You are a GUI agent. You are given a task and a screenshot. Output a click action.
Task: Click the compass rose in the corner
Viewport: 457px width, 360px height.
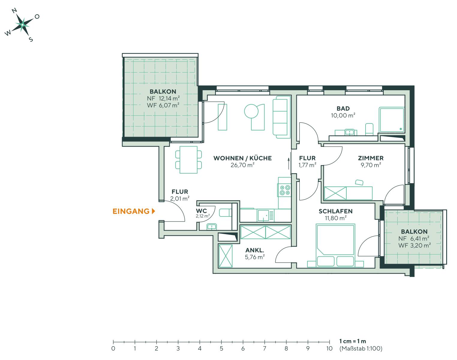pos(22,25)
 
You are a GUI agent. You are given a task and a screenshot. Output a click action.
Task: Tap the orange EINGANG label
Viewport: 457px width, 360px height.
pos(131,211)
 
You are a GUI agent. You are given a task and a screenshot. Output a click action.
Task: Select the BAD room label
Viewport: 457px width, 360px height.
pos(343,109)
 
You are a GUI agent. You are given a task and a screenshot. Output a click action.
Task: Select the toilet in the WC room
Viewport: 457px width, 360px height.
pos(225,213)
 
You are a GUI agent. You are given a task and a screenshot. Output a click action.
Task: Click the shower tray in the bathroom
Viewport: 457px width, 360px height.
pos(392,120)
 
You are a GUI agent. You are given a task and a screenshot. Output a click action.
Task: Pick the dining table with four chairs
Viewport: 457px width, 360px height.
pos(188,160)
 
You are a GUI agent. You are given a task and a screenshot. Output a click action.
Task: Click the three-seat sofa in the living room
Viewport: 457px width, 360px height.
pos(282,117)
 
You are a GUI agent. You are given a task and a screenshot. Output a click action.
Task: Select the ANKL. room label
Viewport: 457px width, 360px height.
pos(255,250)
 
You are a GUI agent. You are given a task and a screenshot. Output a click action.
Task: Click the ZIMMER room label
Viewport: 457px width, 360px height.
pos(371,158)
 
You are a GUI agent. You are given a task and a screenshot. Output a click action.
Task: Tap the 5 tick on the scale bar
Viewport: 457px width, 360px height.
pos(221,348)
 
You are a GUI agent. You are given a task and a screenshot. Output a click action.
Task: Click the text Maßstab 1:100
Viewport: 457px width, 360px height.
pos(361,349)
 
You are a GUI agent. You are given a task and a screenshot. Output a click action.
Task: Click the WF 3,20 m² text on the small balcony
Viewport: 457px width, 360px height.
pos(414,245)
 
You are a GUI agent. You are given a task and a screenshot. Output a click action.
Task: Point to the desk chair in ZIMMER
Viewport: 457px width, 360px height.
pos(359,182)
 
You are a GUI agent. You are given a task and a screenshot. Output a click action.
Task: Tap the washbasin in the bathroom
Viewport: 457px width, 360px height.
pos(349,132)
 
